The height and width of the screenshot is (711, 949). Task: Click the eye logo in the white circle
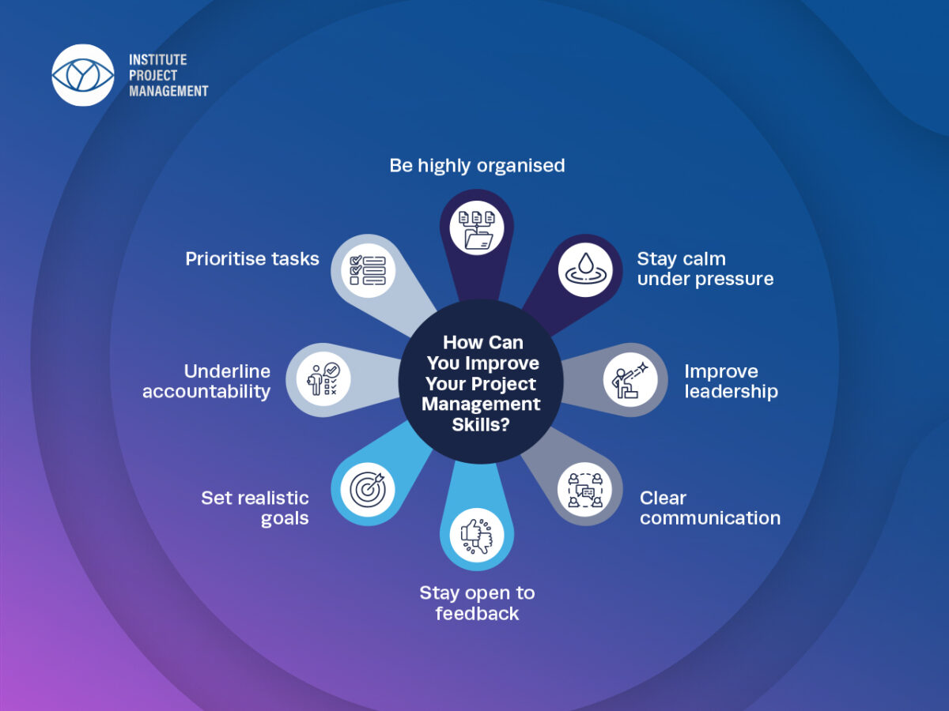coord(82,75)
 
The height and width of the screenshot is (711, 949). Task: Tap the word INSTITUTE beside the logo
coord(157,60)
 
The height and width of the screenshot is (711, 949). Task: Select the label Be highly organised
coord(477,165)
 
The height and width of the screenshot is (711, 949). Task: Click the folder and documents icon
coord(477,227)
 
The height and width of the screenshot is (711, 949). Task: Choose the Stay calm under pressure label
coord(705,269)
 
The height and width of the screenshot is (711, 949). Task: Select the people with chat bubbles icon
coord(585,489)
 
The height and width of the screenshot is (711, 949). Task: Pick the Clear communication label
coord(709,507)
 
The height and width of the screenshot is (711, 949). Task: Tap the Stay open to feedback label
coord(477,603)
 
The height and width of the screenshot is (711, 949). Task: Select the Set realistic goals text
coord(255,507)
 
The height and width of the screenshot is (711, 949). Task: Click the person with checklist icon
coord(323,379)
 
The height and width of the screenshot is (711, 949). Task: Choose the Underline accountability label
coord(206,381)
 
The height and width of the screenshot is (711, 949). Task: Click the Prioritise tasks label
coord(252,258)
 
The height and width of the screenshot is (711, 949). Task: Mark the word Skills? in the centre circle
coord(481,424)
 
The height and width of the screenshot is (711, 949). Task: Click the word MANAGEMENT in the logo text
coord(168,91)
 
